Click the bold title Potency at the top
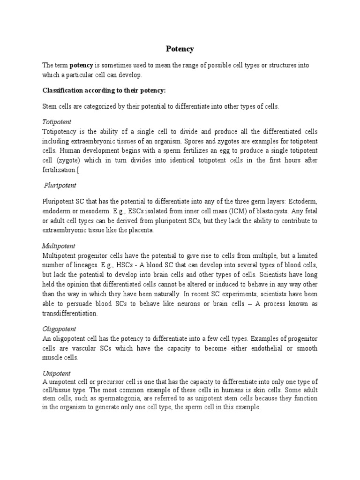pyautogui.click(x=180, y=49)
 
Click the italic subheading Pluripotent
pyautogui.click(x=60, y=186)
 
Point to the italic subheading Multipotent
pyautogui.click(x=59, y=246)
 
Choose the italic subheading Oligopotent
pyautogui.click(x=59, y=329)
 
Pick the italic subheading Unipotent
pyautogui.click(x=56, y=373)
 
